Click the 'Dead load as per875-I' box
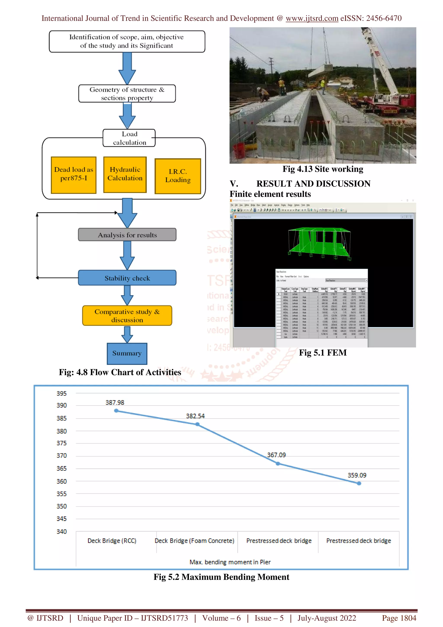pyautogui.click(x=74, y=175)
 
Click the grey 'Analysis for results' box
pyautogui.click(x=127, y=235)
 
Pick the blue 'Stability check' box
pyautogui.click(x=127, y=278)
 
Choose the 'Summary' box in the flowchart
pyautogui.click(x=127, y=353)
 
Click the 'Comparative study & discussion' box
pyautogui.click(x=127, y=316)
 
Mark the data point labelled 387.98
pyautogui.click(x=116, y=411)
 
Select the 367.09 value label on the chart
pyautogui.click(x=276, y=455)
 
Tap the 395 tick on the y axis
pyautogui.click(x=62, y=394)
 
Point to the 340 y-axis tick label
pyautogui.click(x=62, y=531)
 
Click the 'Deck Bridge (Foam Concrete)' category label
pyautogui.click(x=194, y=541)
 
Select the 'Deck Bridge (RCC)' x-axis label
pyautogui.click(x=112, y=541)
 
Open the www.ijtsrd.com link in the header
pyautogui.click(x=312, y=18)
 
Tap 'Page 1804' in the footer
pyautogui.click(x=399, y=618)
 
